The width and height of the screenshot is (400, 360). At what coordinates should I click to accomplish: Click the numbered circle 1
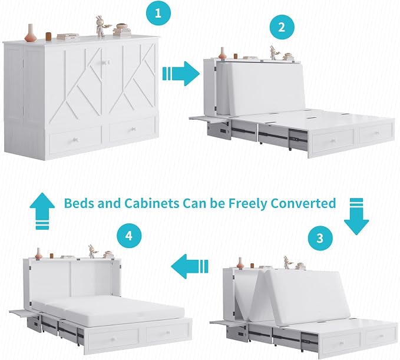[x=158, y=12]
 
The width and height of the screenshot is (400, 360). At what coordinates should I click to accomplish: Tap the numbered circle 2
[x=282, y=27]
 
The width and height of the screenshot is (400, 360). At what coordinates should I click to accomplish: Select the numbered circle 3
[x=320, y=238]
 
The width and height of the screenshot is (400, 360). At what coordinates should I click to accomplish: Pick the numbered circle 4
[x=129, y=235]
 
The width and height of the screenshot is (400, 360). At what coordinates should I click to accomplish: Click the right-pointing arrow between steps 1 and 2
[x=181, y=74]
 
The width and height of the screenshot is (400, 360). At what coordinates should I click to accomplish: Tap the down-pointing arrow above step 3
[x=356, y=216]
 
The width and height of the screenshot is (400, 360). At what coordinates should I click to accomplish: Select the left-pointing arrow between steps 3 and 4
[x=190, y=266]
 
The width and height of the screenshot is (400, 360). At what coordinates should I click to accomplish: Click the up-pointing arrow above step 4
[x=42, y=211]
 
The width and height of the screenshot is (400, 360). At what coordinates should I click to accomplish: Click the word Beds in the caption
[x=80, y=203]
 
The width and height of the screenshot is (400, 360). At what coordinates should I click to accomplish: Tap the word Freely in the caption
[x=247, y=204]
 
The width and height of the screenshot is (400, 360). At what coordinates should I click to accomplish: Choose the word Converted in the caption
[x=303, y=203]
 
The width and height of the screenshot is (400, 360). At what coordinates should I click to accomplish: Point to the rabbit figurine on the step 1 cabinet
[x=101, y=27]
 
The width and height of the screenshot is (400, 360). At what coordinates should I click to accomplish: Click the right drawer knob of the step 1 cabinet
[x=133, y=130]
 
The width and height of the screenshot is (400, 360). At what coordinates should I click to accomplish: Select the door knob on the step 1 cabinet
[x=104, y=62]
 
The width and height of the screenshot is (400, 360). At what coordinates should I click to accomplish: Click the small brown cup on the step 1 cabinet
[x=48, y=36]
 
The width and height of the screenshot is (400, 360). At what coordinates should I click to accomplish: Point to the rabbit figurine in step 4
[x=92, y=252]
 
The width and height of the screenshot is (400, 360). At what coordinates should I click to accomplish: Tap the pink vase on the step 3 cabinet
[x=240, y=263]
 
